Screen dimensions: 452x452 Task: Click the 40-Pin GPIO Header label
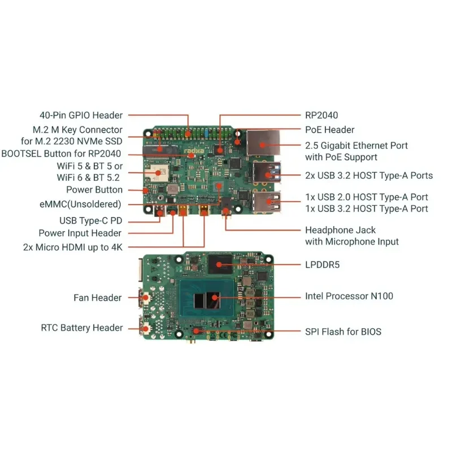tap(81, 115)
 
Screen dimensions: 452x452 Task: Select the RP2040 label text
tap(321, 115)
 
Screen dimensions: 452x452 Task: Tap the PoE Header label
tap(329, 130)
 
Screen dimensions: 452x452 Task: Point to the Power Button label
tap(94, 190)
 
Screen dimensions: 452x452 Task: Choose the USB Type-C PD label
tap(90, 220)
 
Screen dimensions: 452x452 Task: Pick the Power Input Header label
tap(80, 233)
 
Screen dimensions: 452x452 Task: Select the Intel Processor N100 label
tap(349, 296)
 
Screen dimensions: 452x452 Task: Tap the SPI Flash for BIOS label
tap(343, 332)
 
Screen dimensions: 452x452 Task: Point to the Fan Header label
tap(97, 298)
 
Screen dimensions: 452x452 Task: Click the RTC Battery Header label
tap(81, 328)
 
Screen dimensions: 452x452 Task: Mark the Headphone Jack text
tap(340, 230)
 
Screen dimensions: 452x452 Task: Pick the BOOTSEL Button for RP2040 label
tap(64, 153)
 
